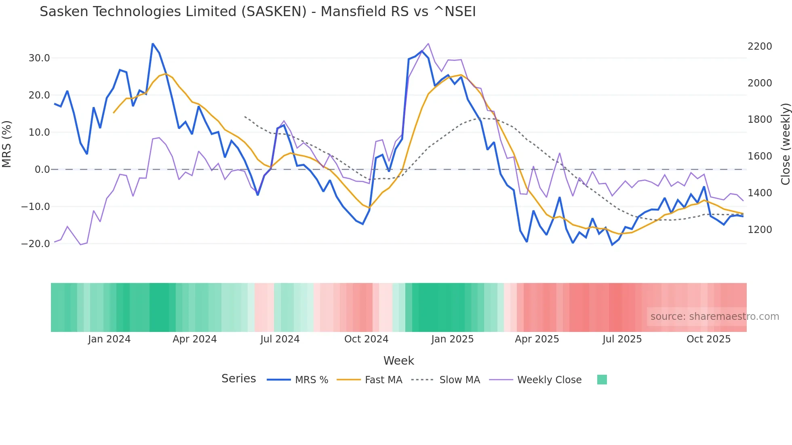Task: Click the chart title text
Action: pos(257,12)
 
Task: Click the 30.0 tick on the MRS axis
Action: pos(39,58)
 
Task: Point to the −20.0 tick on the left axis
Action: pos(36,244)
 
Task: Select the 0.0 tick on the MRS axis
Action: pos(42,170)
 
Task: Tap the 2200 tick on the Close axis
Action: pos(760,46)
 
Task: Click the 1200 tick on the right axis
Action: pos(760,230)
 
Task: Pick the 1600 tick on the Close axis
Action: pos(760,156)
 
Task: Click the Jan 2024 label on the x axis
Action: pos(109,339)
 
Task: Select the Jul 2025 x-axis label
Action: pos(622,339)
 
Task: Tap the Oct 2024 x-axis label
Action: pos(366,339)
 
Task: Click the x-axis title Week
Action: pos(398,361)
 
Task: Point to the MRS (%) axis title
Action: pos(7,144)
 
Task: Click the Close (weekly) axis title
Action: pos(785,144)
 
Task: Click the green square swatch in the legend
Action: pos(602,380)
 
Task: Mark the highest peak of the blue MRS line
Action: pos(152,44)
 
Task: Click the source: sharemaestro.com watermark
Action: pos(714,317)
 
